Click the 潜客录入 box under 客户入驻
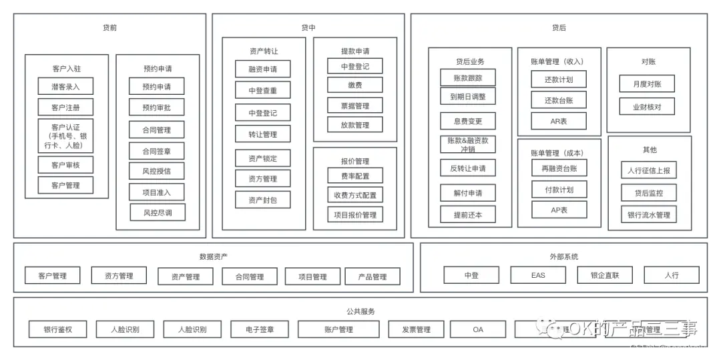[x=65, y=87]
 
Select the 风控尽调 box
[x=157, y=213]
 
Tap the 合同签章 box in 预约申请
[x=157, y=151]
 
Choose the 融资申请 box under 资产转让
[x=262, y=69]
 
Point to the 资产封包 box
[x=262, y=200]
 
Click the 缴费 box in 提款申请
[x=354, y=85]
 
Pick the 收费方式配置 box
[x=354, y=195]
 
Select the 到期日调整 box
[x=468, y=96]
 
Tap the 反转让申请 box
[x=468, y=168]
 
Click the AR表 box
[x=559, y=121]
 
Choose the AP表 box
[x=559, y=210]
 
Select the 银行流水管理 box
[x=648, y=215]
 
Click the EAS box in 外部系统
[x=538, y=275]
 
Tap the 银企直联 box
[x=605, y=275]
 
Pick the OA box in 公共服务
[x=478, y=329]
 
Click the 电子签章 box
[x=260, y=329]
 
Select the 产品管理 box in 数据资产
[x=373, y=277]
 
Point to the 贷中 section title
[x=308, y=28]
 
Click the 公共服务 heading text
[x=360, y=311]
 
